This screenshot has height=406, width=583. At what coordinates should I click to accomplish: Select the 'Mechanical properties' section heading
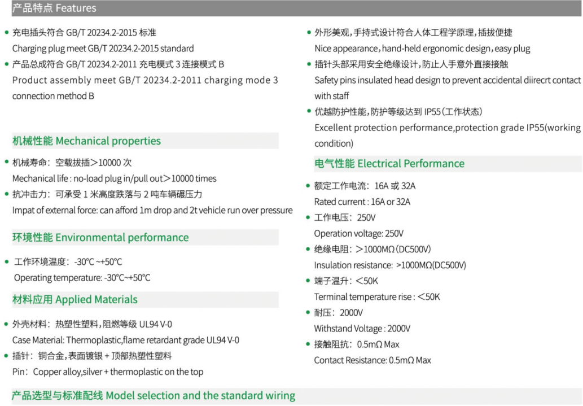coord(108,141)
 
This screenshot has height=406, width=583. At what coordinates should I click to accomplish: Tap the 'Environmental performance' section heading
coord(122,237)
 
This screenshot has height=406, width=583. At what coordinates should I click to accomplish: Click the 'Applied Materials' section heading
coord(97,300)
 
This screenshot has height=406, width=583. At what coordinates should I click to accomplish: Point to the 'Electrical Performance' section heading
coord(411,164)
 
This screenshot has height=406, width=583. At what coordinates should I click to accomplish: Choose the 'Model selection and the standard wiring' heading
coord(200,396)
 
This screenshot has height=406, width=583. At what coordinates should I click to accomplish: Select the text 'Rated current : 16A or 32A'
coord(362,202)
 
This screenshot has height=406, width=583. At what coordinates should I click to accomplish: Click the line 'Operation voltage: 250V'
coord(359,234)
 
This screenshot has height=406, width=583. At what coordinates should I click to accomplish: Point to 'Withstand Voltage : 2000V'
coord(362,329)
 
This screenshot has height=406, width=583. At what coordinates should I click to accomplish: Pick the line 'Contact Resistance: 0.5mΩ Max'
coord(372,360)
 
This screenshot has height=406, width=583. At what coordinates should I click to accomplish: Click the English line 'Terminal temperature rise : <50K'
coord(377,297)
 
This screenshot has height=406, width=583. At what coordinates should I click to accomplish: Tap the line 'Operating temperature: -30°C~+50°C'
coord(82,278)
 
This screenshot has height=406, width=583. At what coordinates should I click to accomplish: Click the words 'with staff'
coord(332,96)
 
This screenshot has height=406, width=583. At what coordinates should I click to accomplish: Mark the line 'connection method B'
coord(53,96)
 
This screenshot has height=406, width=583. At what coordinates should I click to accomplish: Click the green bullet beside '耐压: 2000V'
coord(308,312)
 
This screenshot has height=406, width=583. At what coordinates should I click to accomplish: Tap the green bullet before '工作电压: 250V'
coord(308,217)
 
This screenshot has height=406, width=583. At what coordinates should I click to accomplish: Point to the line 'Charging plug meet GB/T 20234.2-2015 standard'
coord(103,49)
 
